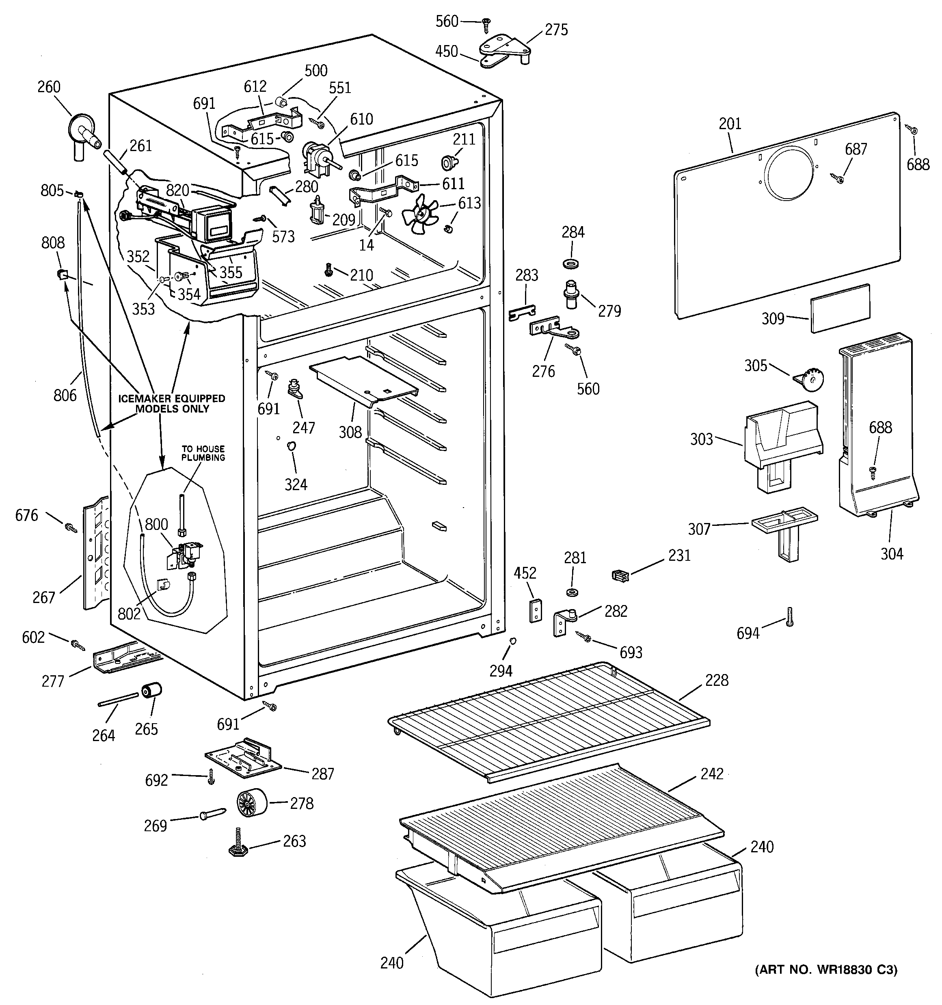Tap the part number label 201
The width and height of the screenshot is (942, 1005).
[730, 124]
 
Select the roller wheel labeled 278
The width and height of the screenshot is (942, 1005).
[251, 803]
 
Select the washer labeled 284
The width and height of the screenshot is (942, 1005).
[571, 264]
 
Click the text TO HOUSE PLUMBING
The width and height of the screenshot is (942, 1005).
[203, 453]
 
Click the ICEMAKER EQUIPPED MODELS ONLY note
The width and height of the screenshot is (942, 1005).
[171, 403]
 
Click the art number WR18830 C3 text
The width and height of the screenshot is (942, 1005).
[826, 970]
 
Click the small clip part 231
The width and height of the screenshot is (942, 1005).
[620, 575]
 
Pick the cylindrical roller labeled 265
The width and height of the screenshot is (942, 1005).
[152, 689]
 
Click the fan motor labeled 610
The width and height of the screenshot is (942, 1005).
[315, 155]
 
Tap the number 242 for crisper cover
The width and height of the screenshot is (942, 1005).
[712, 774]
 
